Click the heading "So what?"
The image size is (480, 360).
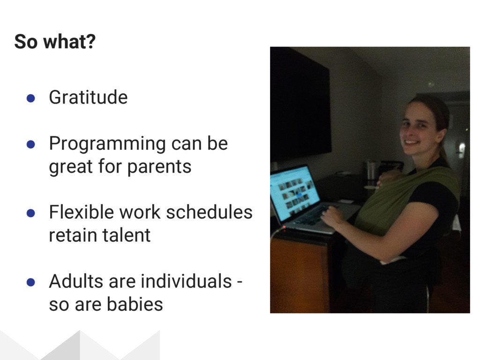pyautogui.click(x=55, y=42)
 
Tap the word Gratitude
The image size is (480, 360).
pyautogui.click(x=88, y=97)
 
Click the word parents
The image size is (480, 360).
pyautogui.click(x=159, y=167)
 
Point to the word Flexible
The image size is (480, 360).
pyautogui.click(x=82, y=212)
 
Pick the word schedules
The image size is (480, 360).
pyautogui.click(x=210, y=212)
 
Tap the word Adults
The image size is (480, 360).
pyautogui.click(x=76, y=281)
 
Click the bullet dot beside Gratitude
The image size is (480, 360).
pyautogui.click(x=30, y=98)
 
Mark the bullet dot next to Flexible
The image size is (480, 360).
pyautogui.click(x=30, y=213)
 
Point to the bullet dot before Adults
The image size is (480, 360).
pyautogui.click(x=30, y=282)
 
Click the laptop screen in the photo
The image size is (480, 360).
pyautogui.click(x=294, y=192)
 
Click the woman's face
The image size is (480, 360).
pyautogui.click(x=420, y=127)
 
